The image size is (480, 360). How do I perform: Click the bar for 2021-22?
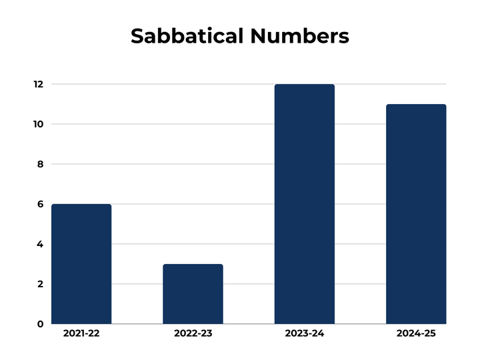pyautogui.click(x=81, y=264)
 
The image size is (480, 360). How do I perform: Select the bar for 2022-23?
pyautogui.click(x=193, y=294)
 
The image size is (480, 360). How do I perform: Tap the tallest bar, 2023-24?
pyautogui.click(x=304, y=204)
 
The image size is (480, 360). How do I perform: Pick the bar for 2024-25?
pyautogui.click(x=416, y=214)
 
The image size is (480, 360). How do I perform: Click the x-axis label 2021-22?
pyautogui.click(x=81, y=333)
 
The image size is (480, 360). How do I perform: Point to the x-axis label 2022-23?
pyautogui.click(x=193, y=333)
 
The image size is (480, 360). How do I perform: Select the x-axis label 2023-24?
pyautogui.click(x=304, y=333)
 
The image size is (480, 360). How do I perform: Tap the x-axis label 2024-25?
pyautogui.click(x=416, y=333)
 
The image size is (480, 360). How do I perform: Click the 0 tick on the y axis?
pyautogui.click(x=41, y=324)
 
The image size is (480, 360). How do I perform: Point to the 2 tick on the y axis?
pyautogui.click(x=41, y=284)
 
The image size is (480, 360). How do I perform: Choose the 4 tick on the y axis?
pyautogui.click(x=41, y=244)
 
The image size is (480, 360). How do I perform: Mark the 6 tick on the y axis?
pyautogui.click(x=41, y=204)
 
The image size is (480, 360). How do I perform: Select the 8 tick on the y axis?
pyautogui.click(x=41, y=164)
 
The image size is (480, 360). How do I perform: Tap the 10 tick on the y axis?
pyautogui.click(x=39, y=124)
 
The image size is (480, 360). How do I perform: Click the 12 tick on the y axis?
pyautogui.click(x=39, y=84)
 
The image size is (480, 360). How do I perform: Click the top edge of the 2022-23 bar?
pyautogui.click(x=193, y=265)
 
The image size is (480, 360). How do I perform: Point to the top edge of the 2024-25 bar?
pyautogui.click(x=416, y=105)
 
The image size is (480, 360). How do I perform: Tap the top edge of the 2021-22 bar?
pyautogui.click(x=81, y=205)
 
